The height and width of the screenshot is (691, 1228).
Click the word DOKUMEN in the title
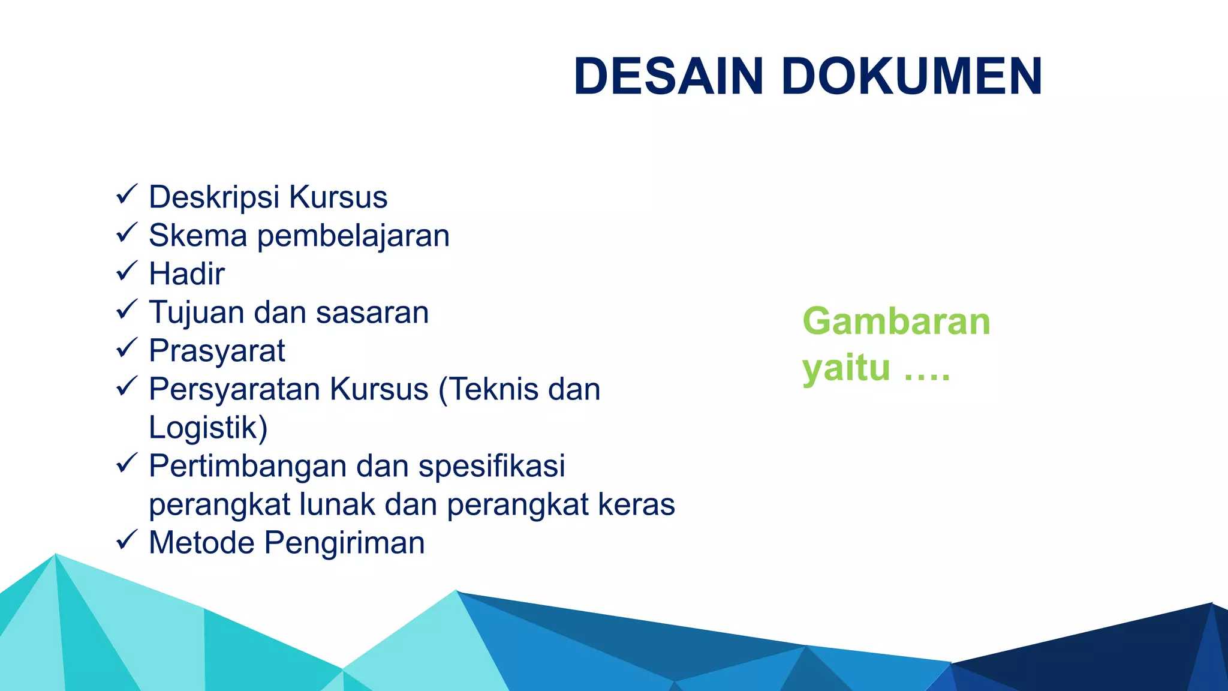911,76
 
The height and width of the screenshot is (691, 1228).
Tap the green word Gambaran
896,322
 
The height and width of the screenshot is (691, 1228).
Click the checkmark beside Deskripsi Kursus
127,195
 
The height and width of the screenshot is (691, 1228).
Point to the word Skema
198,235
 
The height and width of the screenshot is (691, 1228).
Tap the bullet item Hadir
186,274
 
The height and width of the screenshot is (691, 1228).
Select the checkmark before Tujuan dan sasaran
127,310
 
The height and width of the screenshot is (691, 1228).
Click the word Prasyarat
216,351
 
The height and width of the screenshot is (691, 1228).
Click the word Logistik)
207,428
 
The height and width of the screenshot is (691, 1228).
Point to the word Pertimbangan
248,467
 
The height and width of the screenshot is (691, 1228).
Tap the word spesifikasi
492,467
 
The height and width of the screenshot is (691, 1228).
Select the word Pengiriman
345,543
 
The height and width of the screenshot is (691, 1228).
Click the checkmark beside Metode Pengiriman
127,540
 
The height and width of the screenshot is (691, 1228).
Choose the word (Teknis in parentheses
489,390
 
